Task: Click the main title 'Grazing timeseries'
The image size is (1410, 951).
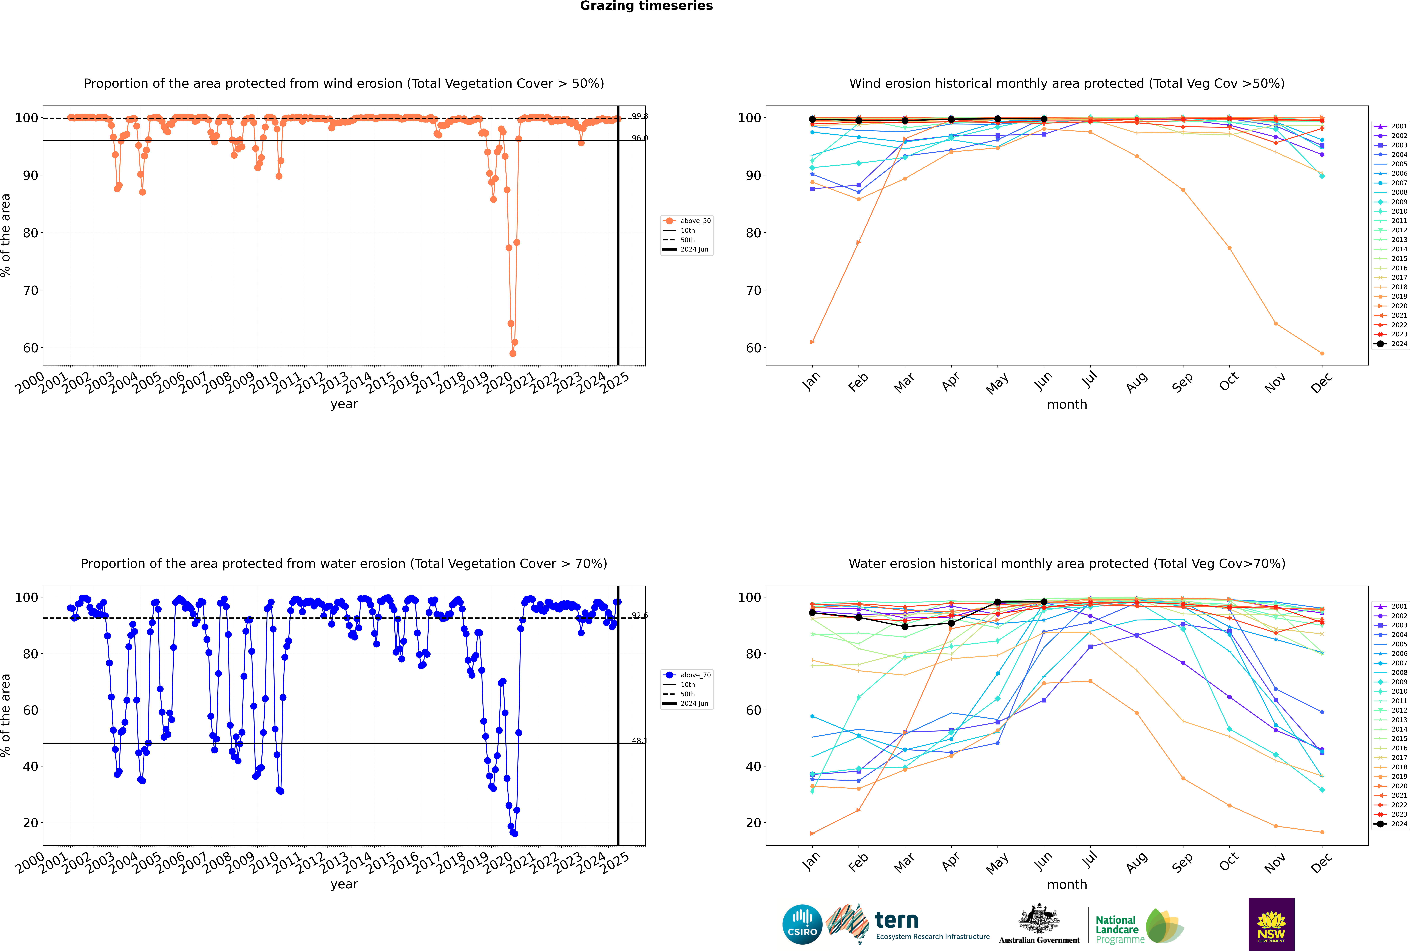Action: tap(646, 6)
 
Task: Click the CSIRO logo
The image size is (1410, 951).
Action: tap(802, 924)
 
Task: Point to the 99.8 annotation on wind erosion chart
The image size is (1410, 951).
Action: tap(639, 116)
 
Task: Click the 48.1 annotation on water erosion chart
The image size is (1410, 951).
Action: tap(639, 741)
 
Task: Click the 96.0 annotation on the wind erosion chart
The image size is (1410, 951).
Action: tap(639, 138)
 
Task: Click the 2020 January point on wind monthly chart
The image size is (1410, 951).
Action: tap(812, 342)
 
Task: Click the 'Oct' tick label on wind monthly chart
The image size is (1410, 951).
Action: tap(1229, 382)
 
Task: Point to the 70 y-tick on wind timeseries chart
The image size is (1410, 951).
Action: tap(30, 291)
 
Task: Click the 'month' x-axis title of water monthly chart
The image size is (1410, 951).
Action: tap(1067, 884)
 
